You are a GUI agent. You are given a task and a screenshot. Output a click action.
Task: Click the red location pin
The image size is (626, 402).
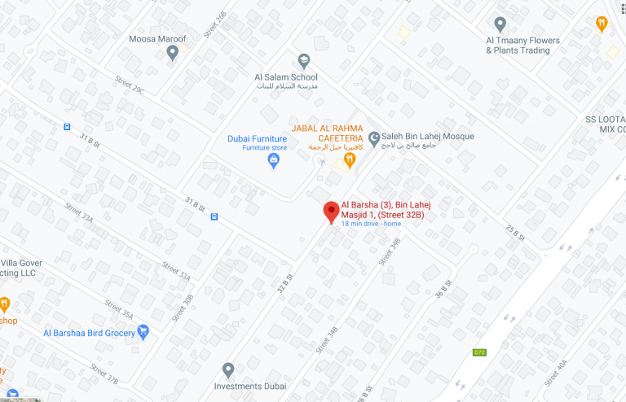tap(331, 211)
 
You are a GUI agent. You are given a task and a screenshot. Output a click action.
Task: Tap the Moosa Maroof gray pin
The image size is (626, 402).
tap(172, 53)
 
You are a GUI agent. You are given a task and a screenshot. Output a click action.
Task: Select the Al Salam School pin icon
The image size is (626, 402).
tap(304, 59)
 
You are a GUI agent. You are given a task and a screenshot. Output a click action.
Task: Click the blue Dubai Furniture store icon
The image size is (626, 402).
tap(274, 160)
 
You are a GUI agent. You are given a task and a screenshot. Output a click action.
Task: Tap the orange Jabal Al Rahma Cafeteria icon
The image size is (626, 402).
tap(349, 160)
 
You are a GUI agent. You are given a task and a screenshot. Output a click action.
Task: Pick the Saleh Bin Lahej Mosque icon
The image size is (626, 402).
tap(374, 138)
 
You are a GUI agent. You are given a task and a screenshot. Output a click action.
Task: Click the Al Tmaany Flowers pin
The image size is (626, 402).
tap(500, 24)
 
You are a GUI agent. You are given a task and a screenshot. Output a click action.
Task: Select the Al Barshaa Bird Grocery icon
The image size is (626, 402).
tap(143, 331)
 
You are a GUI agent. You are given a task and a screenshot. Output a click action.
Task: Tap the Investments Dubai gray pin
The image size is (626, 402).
tap(228, 370)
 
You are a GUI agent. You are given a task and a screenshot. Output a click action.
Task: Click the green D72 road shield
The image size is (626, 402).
tap(480, 352)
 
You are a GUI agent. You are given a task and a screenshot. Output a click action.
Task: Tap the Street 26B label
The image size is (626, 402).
tap(215, 24)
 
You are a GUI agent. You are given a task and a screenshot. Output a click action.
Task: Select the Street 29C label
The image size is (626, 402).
tap(130, 85)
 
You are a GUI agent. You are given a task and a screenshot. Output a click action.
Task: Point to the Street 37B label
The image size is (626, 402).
tap(105, 374)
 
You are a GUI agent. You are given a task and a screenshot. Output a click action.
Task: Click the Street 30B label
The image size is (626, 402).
tap(184, 307)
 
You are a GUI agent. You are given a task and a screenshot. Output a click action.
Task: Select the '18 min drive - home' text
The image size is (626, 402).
tap(371, 224)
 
